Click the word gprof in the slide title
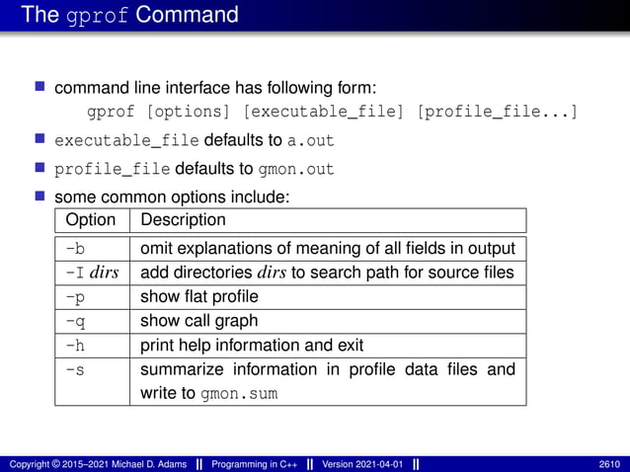tap(96, 15)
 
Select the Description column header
tap(184, 219)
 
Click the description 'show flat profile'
tap(199, 296)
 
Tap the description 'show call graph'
tap(198, 321)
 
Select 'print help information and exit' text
tap(252, 346)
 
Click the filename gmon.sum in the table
tap(239, 394)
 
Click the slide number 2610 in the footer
tap(609, 463)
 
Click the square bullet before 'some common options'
tap(41, 196)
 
